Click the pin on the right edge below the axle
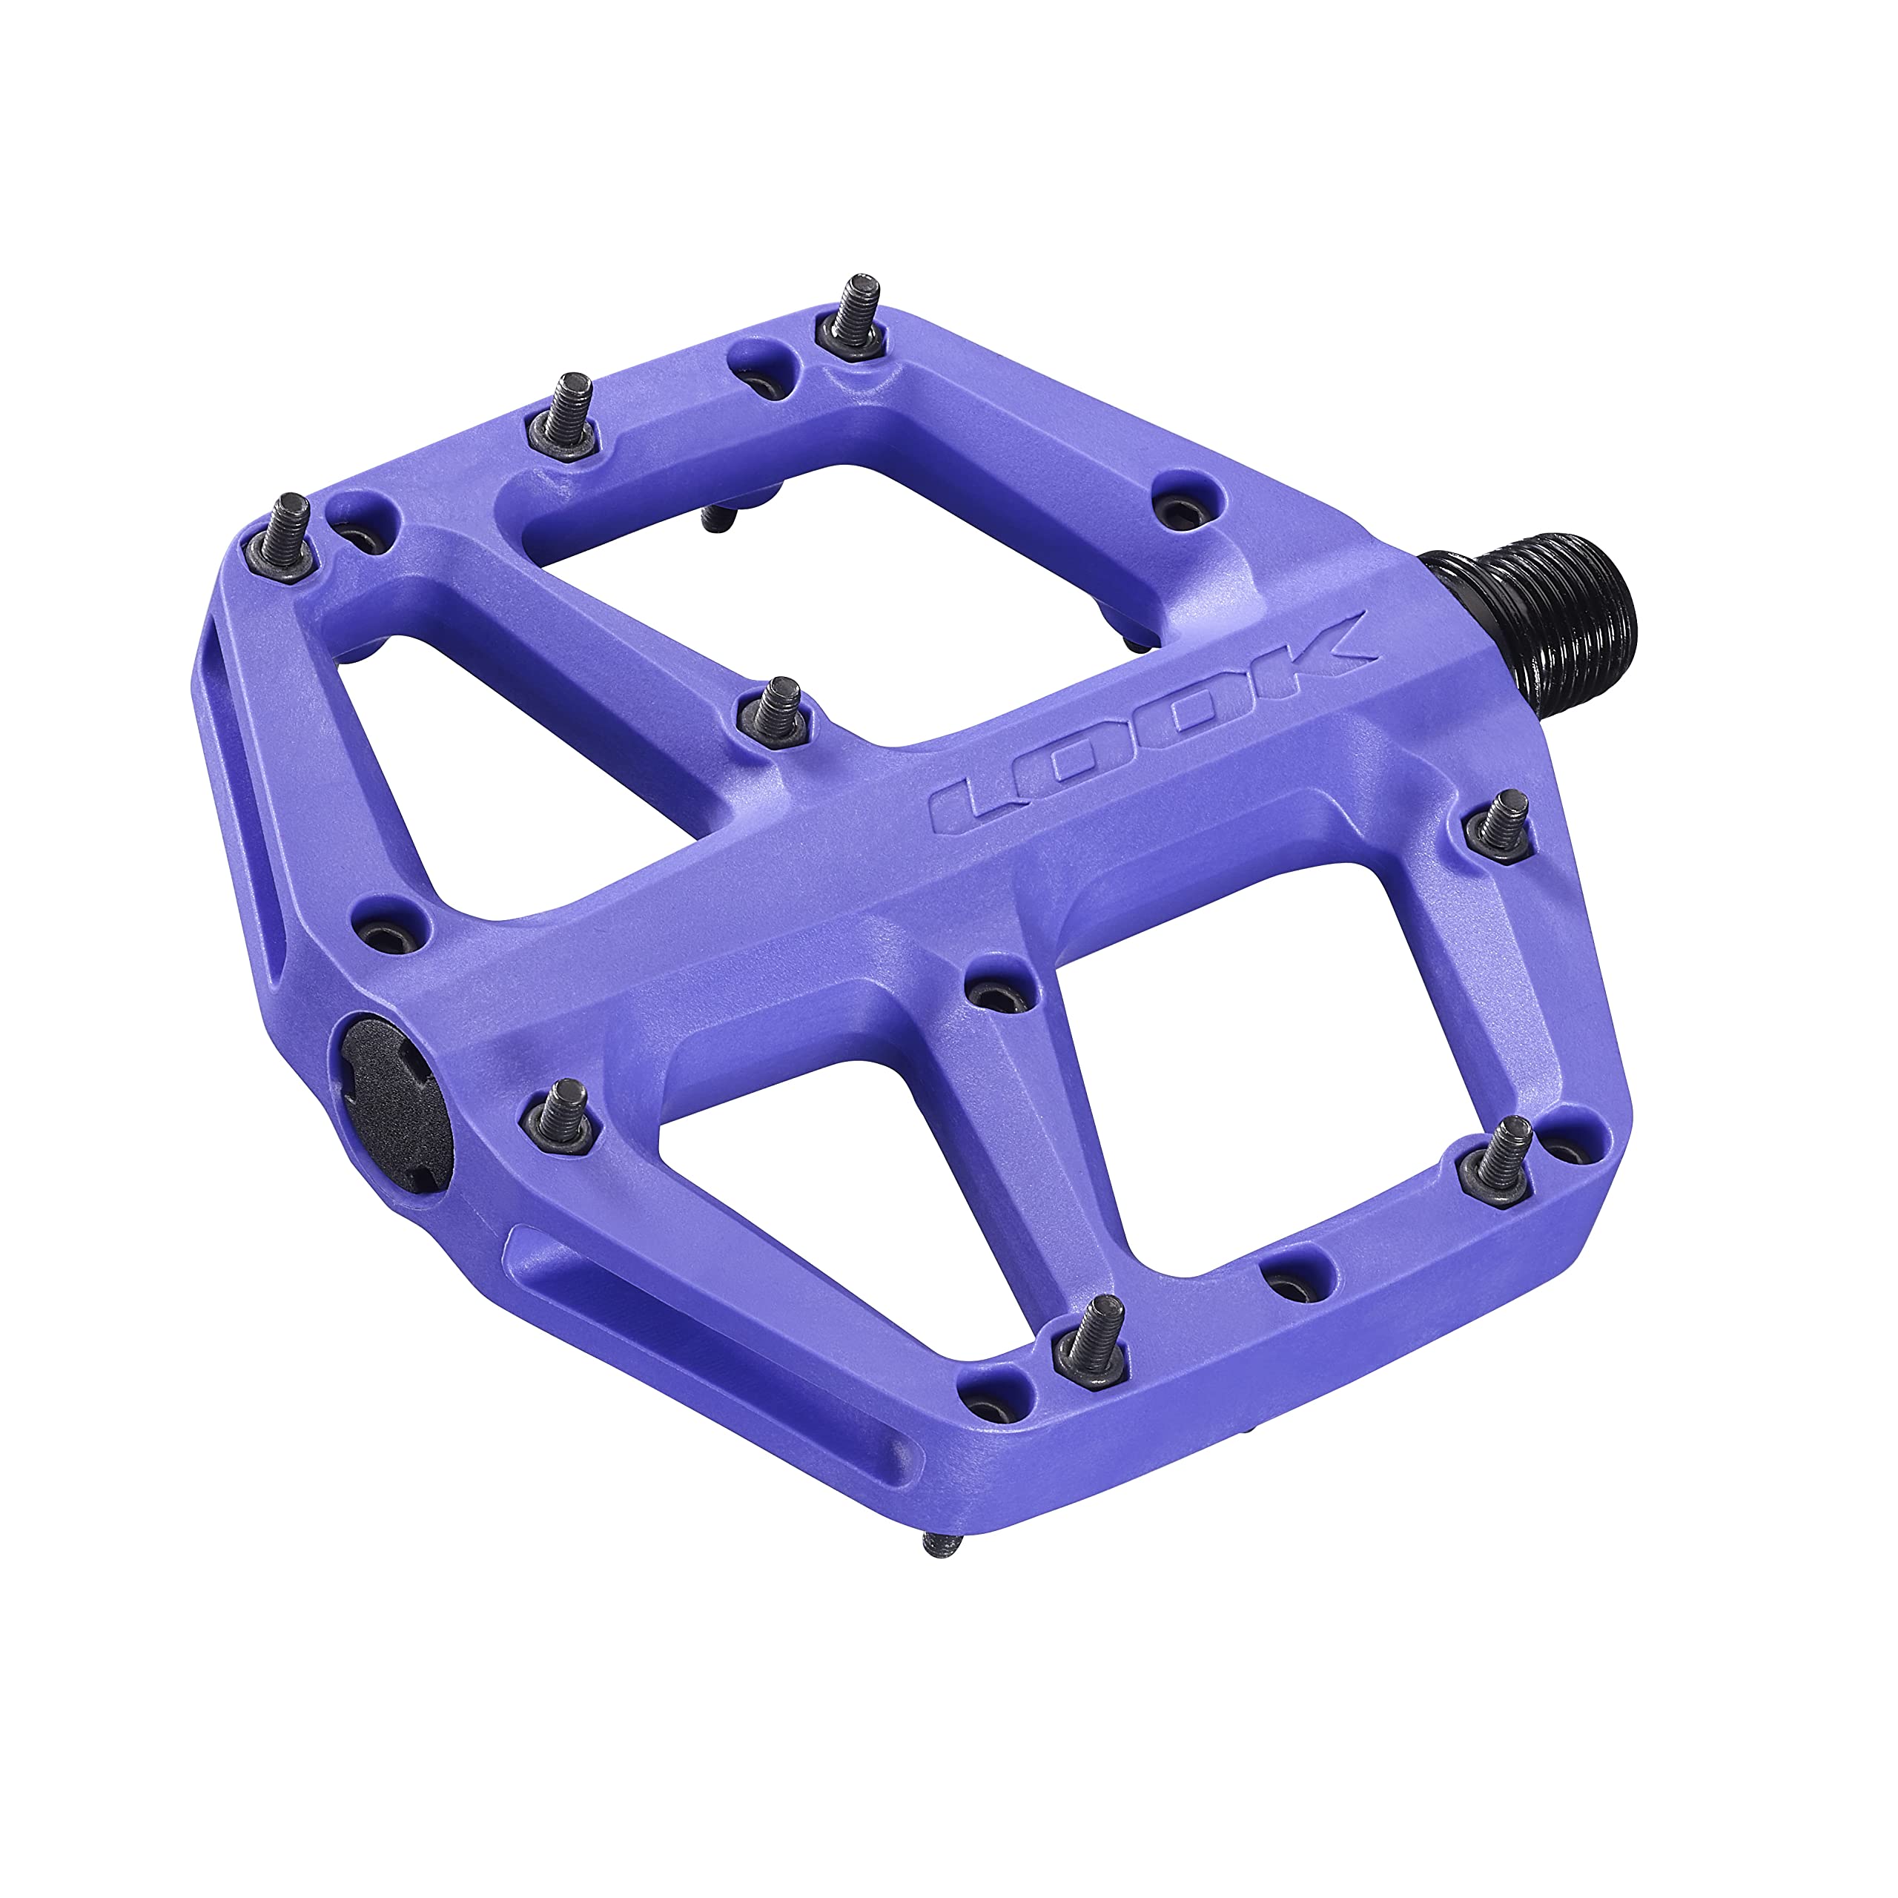coord(1502,823)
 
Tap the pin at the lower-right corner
coord(1499,1151)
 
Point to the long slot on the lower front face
coord(707,1336)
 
